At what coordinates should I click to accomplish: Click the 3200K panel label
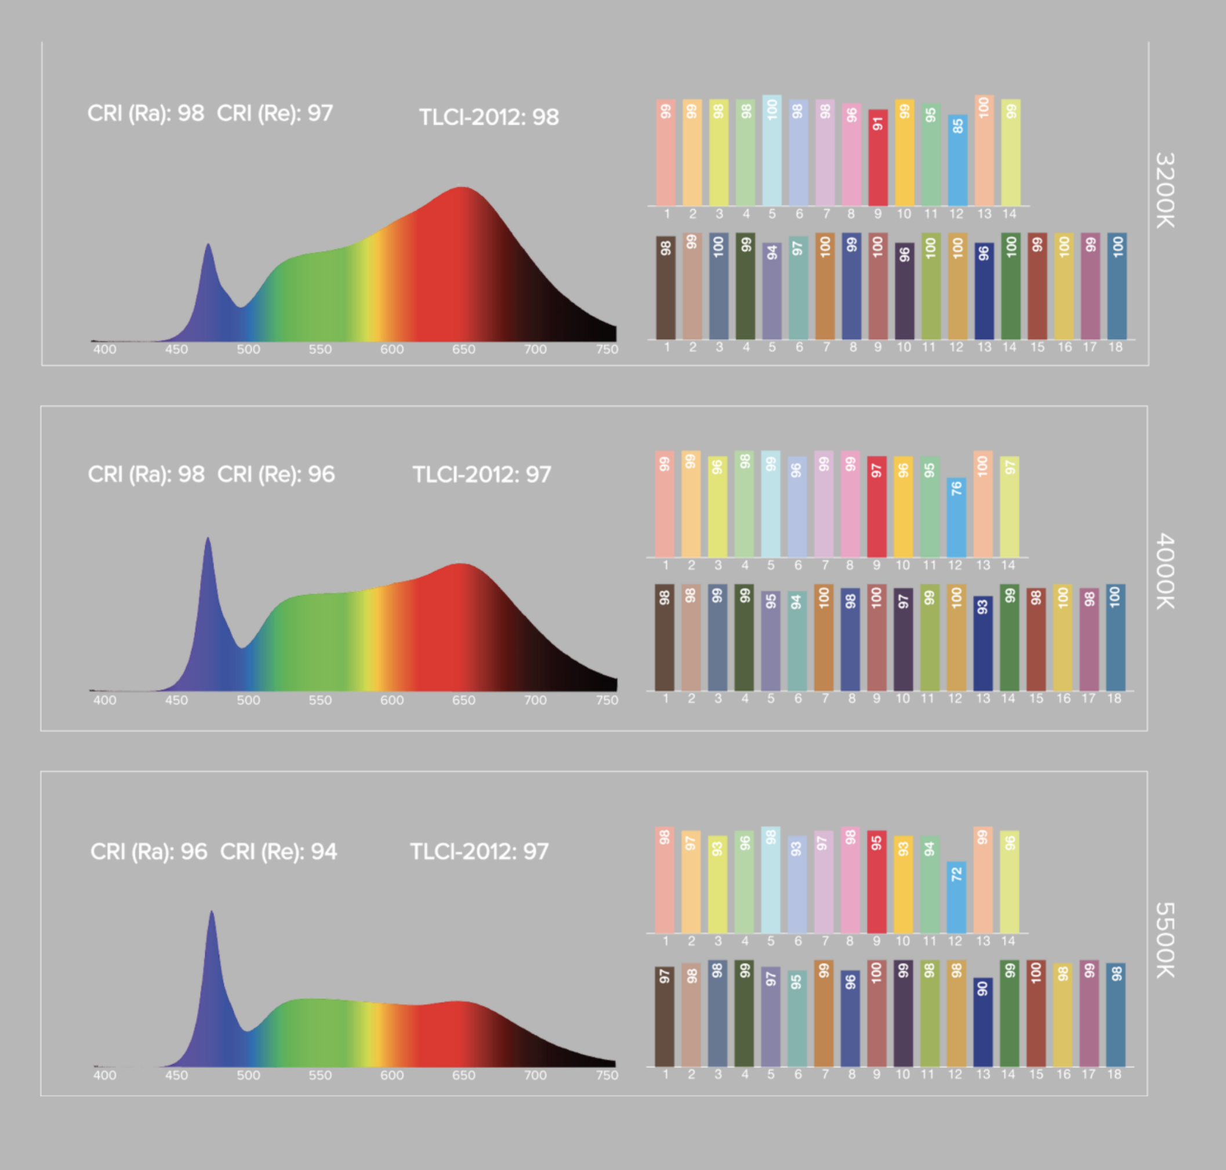point(1165,190)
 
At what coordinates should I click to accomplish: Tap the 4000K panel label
point(1165,571)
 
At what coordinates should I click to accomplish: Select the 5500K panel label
point(1165,940)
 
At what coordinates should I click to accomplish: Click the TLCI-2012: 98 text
point(488,117)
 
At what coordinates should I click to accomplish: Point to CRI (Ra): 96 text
point(148,851)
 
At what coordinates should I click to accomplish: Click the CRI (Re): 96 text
point(276,475)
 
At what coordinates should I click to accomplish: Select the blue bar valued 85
point(957,160)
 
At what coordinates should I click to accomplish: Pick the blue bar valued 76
point(956,518)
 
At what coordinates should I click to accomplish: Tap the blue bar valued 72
point(956,897)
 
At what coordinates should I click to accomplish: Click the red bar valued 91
point(877,158)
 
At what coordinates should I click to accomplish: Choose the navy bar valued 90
point(982,1023)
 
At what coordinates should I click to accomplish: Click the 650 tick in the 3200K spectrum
point(463,350)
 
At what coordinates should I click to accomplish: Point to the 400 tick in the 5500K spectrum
point(105,1075)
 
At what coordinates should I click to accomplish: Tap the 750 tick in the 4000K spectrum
point(607,700)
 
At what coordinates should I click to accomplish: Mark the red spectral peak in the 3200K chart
point(461,188)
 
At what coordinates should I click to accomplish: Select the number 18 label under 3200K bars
point(1115,347)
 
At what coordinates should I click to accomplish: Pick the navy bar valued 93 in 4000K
point(982,644)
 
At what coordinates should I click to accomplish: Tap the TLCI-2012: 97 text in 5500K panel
point(479,851)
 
